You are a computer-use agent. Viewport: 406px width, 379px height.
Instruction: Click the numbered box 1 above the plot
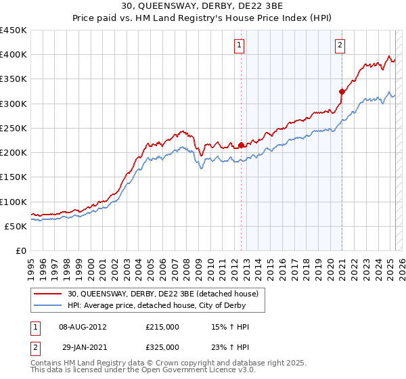240,45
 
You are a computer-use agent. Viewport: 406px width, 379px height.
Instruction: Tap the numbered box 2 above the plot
340,45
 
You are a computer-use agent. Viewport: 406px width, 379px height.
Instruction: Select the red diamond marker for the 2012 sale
242,145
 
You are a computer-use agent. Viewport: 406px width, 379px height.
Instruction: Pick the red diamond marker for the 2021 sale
342,91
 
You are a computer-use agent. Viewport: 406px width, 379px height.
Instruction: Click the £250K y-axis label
14,128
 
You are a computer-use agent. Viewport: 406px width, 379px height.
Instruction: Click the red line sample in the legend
48,294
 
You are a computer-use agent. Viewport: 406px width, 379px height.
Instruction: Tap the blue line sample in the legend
48,305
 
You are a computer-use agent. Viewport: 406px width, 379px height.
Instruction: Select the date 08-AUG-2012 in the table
83,327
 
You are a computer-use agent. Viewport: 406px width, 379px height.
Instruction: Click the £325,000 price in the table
162,347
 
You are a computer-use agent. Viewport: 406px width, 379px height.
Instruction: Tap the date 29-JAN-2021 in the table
83,347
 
